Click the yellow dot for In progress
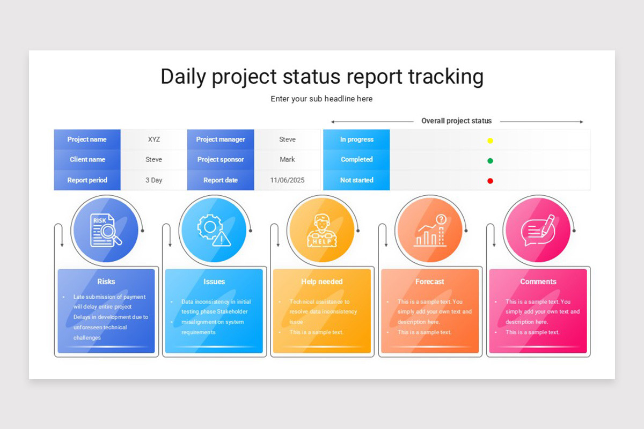click(x=490, y=140)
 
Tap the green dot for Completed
click(x=490, y=160)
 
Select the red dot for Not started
click(x=490, y=181)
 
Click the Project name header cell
click(x=87, y=139)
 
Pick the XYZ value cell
click(x=154, y=139)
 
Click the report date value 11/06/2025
click(x=287, y=180)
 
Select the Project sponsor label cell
click(x=221, y=159)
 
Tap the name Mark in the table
click(x=287, y=159)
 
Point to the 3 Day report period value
click(x=154, y=180)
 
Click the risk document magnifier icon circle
click(x=105, y=230)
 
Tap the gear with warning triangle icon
click(x=214, y=230)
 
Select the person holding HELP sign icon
click(x=321, y=230)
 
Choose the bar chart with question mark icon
click(x=430, y=230)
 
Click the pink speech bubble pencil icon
click(x=538, y=230)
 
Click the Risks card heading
click(x=106, y=282)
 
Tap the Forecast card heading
click(x=430, y=282)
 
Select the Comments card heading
click(x=538, y=282)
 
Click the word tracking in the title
click(x=445, y=77)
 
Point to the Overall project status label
click(x=456, y=121)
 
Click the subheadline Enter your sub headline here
click(x=321, y=99)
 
